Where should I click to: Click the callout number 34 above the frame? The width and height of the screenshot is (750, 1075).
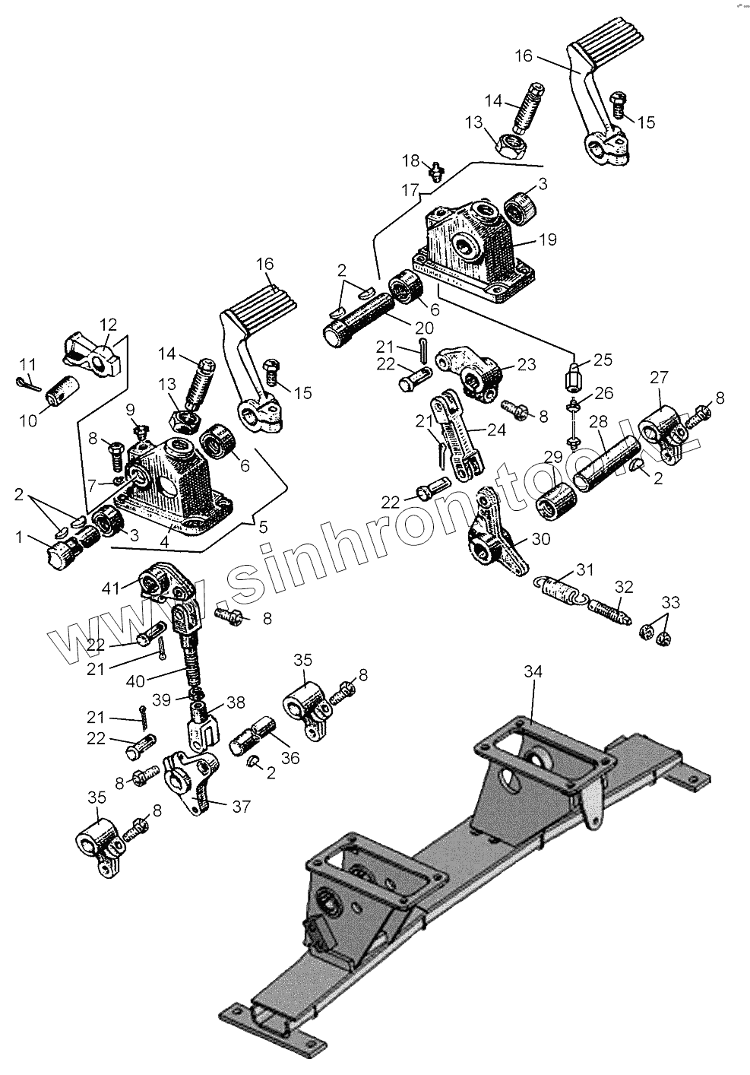(533, 672)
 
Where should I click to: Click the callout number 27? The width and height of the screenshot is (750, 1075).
(659, 378)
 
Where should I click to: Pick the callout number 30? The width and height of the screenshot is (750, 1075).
(540, 539)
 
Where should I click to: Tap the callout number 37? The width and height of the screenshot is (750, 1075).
(241, 807)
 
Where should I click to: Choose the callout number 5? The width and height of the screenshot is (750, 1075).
(263, 525)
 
